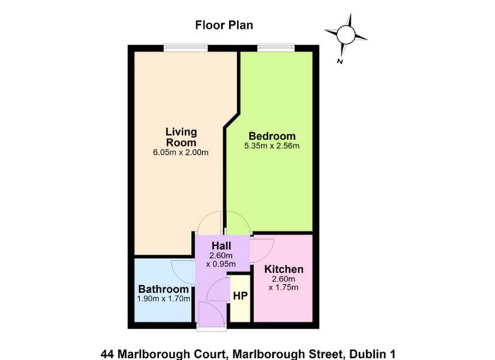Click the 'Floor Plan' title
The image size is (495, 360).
pos(224,25)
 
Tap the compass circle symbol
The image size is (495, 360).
pos(346,35)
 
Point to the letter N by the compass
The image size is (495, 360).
pos(340,62)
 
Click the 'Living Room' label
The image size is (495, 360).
pos(181,137)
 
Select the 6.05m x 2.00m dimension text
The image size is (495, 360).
pos(181,153)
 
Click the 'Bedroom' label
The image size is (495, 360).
pos(272,136)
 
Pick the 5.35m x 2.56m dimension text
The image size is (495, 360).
pos(272,146)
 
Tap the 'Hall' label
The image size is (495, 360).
pos(221,245)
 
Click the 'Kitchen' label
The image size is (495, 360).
pos(284,269)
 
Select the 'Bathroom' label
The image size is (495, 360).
pos(163,289)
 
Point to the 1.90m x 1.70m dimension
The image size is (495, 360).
pos(163,298)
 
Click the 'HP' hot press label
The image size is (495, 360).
pos(240,296)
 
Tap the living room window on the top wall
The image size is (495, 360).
pos(185,48)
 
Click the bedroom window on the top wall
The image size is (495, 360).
pos(276,48)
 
